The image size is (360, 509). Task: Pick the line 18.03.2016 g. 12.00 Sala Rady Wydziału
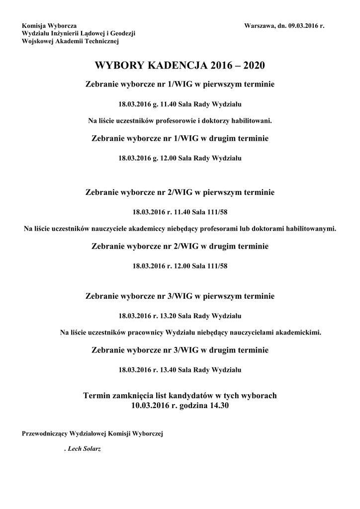[x=180, y=159]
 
